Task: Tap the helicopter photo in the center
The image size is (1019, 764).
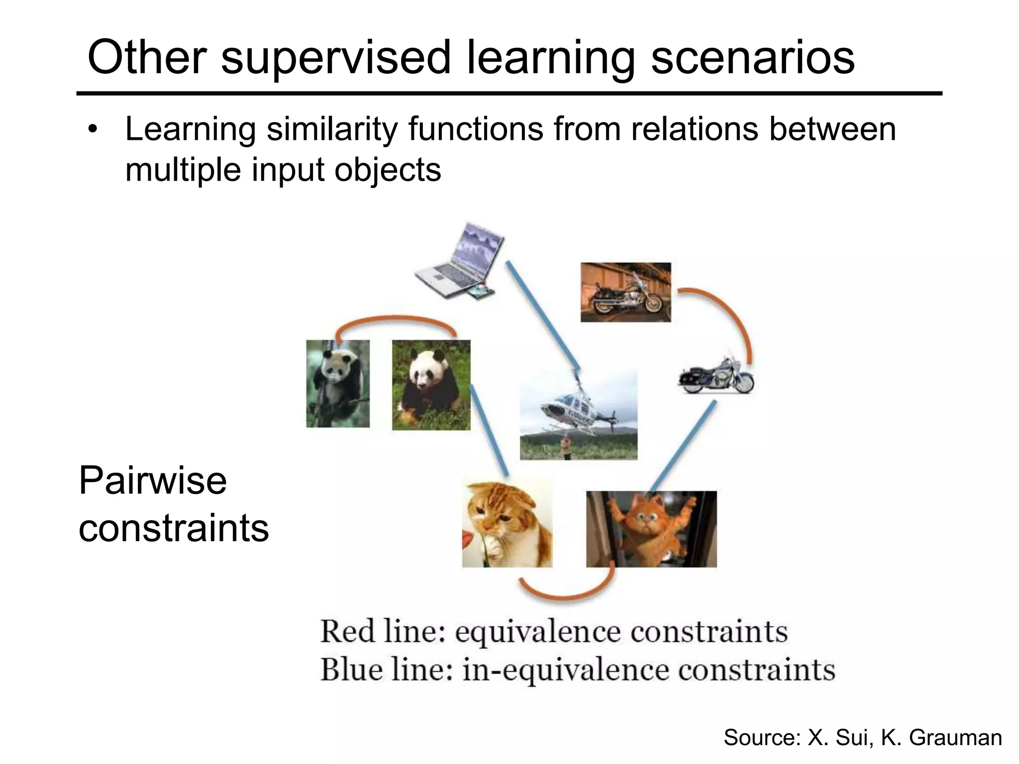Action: (x=578, y=414)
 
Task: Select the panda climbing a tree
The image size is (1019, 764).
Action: (x=338, y=383)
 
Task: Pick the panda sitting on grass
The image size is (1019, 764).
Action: (x=431, y=384)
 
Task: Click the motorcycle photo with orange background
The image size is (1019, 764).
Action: (x=625, y=292)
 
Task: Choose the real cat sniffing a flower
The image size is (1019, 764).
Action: (x=507, y=522)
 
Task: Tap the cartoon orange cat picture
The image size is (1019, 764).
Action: (x=651, y=529)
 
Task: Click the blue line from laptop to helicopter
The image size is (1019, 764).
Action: (x=542, y=316)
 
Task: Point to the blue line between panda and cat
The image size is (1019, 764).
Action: (x=489, y=431)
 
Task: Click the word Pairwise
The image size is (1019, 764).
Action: (x=152, y=481)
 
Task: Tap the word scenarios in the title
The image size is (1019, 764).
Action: (x=752, y=58)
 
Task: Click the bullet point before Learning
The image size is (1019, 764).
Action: (x=92, y=131)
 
